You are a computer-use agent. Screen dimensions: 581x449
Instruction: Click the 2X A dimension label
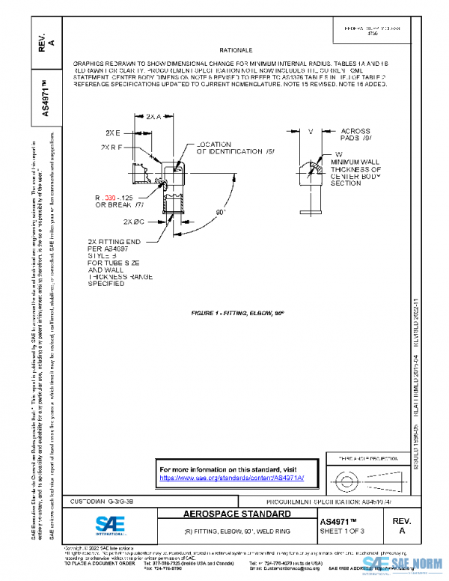coord(153,117)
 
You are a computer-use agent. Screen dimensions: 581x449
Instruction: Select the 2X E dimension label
coord(114,132)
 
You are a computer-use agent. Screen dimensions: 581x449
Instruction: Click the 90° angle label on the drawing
coord(221,212)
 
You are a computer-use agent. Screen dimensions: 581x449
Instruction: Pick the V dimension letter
coord(309,131)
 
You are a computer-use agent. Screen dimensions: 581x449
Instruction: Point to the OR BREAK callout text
coord(114,204)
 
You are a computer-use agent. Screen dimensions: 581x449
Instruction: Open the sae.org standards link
coord(239,478)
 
